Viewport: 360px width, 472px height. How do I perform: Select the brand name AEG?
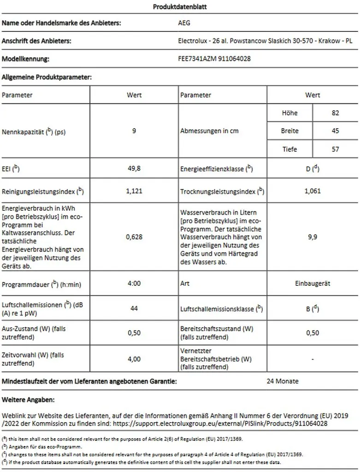point(184,23)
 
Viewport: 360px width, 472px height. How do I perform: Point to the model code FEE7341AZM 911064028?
point(214,59)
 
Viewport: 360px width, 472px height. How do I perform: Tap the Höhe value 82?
point(335,113)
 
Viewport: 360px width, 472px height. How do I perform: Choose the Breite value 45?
point(335,131)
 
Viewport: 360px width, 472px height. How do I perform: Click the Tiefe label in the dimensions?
point(289,149)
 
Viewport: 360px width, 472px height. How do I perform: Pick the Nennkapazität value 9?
point(134,131)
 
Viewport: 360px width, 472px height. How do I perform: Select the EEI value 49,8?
point(134,169)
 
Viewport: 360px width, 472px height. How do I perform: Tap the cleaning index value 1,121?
point(134,191)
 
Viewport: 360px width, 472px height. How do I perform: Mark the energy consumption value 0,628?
point(134,237)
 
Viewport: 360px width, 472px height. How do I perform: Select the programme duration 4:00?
point(134,283)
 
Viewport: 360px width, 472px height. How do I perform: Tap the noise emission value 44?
point(134,308)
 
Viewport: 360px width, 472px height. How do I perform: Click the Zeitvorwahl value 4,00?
point(134,359)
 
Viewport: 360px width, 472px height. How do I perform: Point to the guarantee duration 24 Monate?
point(283,381)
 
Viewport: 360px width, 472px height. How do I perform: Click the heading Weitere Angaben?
point(29,398)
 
